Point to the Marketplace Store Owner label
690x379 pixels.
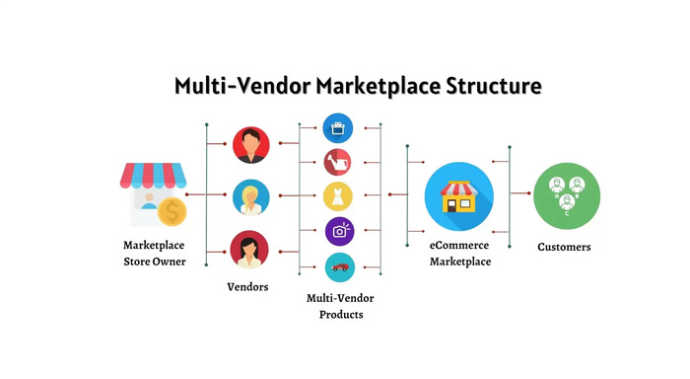pyautogui.click(x=154, y=253)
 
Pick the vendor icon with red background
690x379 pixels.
pyautogui.click(x=249, y=144)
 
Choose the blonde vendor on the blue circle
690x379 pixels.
pyautogui.click(x=249, y=196)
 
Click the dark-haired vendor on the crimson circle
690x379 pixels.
pyautogui.click(x=249, y=249)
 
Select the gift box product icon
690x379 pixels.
pyautogui.click(x=338, y=127)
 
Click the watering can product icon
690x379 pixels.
pyautogui.click(x=338, y=161)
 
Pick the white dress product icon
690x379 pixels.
pyautogui.click(x=338, y=195)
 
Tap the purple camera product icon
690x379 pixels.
pyautogui.click(x=339, y=231)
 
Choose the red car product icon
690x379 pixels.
pyautogui.click(x=339, y=266)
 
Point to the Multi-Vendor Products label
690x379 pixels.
pyautogui.click(x=340, y=306)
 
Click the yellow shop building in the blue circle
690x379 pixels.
pyautogui.click(x=458, y=195)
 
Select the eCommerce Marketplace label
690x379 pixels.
pyautogui.click(x=459, y=253)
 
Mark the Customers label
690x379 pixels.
pyautogui.click(x=564, y=247)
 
